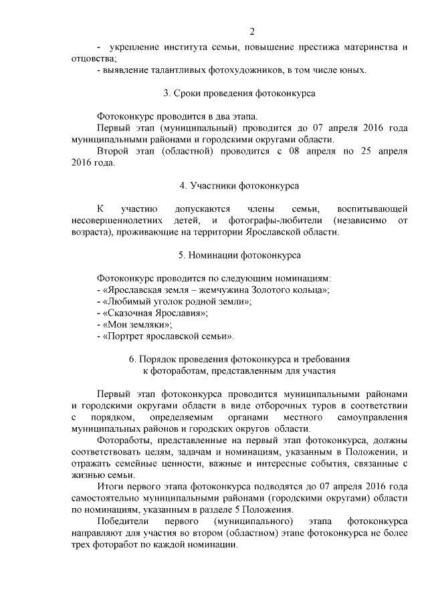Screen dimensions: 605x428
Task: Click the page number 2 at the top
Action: (252, 31)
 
